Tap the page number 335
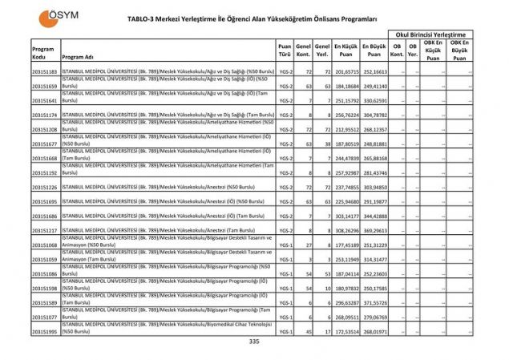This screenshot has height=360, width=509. (255, 342)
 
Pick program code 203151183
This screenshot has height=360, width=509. (45, 72)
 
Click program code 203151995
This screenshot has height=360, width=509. (45, 331)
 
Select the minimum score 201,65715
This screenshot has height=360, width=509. (345, 72)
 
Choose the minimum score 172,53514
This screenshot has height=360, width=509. (345, 331)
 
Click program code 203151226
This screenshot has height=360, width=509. (45, 188)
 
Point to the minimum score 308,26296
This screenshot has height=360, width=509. (345, 231)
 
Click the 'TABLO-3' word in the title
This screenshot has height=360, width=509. (142, 18)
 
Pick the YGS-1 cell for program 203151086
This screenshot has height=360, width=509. (285, 274)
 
